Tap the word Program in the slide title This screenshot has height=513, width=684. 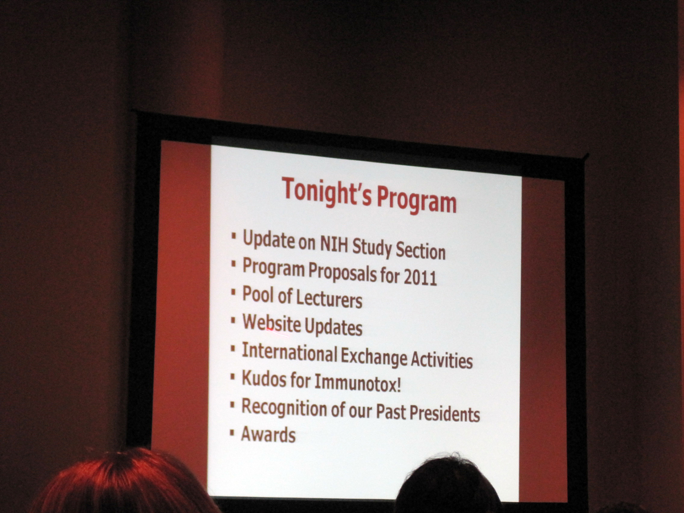tap(417, 201)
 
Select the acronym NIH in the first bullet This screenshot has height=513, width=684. tap(334, 244)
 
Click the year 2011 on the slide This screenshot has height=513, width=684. tap(420, 277)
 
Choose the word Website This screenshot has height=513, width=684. tap(271, 323)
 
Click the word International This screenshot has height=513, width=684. tap(290, 352)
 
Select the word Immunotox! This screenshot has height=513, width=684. tap(357, 382)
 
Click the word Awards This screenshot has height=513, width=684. tap(268, 435)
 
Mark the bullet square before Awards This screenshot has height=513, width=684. tap(232, 433)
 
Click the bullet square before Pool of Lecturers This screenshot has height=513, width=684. tap(233, 292)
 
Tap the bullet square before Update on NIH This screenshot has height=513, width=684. tap(234, 235)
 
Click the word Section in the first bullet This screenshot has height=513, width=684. tap(421, 251)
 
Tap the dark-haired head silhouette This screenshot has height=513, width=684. tap(448, 486)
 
